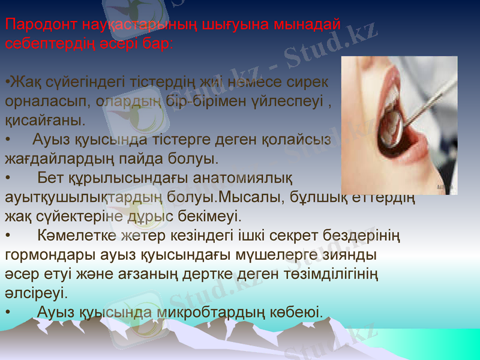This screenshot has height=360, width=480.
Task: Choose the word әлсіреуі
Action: pos(36,293)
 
